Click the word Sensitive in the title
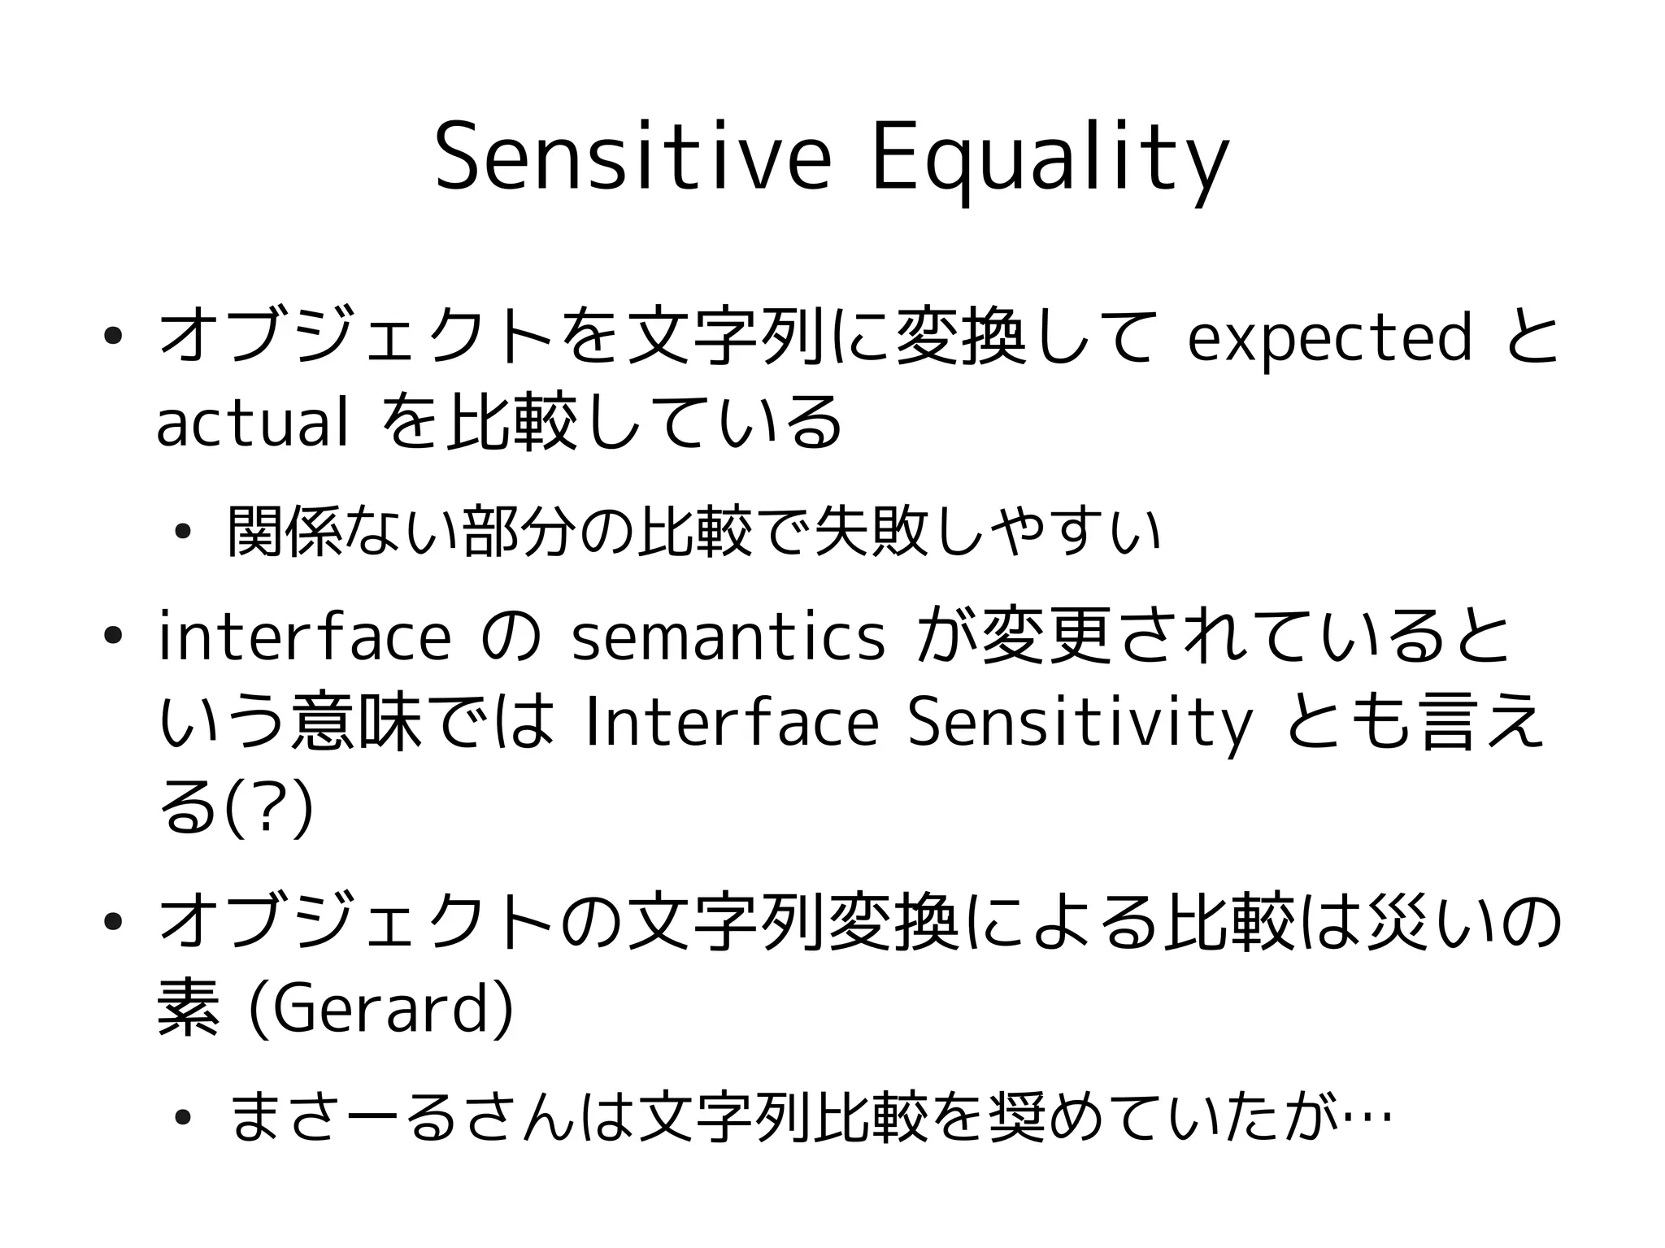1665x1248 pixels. click(633, 158)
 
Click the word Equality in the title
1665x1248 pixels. click(1050, 159)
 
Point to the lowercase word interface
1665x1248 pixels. click(304, 637)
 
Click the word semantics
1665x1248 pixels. click(728, 637)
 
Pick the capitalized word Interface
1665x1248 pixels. click(731, 724)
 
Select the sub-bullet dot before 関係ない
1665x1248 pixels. click(182, 533)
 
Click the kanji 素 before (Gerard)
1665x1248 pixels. click(188, 1011)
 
